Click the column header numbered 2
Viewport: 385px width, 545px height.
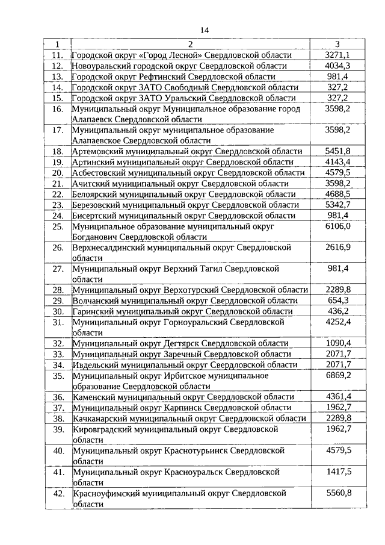click(x=190, y=44)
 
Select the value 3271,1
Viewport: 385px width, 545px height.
click(x=337, y=55)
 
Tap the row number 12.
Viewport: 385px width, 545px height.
click(x=58, y=66)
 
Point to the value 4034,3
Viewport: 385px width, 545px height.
click(x=337, y=66)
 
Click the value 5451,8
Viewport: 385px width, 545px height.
click(x=337, y=151)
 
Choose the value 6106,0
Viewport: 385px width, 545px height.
click(x=337, y=226)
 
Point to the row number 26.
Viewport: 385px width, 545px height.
click(x=58, y=248)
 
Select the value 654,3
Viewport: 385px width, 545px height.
click(x=337, y=301)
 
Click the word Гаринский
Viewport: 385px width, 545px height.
click(x=95, y=311)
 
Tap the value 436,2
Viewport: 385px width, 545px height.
click(x=337, y=311)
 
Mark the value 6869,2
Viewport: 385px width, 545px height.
click(x=337, y=375)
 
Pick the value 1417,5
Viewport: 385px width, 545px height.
click(x=337, y=471)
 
